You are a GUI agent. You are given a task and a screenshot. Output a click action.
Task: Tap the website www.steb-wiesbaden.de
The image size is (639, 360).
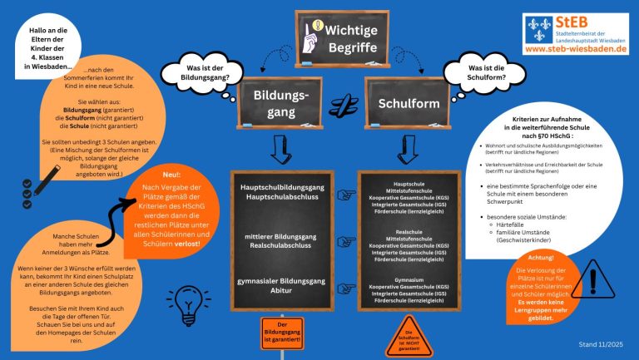tap(576, 50)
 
